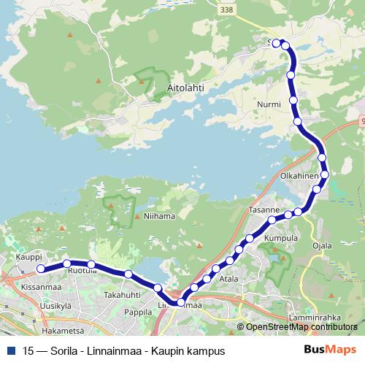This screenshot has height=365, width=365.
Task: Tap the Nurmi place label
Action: (269, 104)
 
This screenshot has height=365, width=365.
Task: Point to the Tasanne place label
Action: (265, 210)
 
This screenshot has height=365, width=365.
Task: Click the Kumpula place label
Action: (281, 239)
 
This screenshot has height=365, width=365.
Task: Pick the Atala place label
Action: (229, 278)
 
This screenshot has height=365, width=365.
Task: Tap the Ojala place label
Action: (322, 245)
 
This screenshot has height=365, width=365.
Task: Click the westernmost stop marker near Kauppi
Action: (41, 269)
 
